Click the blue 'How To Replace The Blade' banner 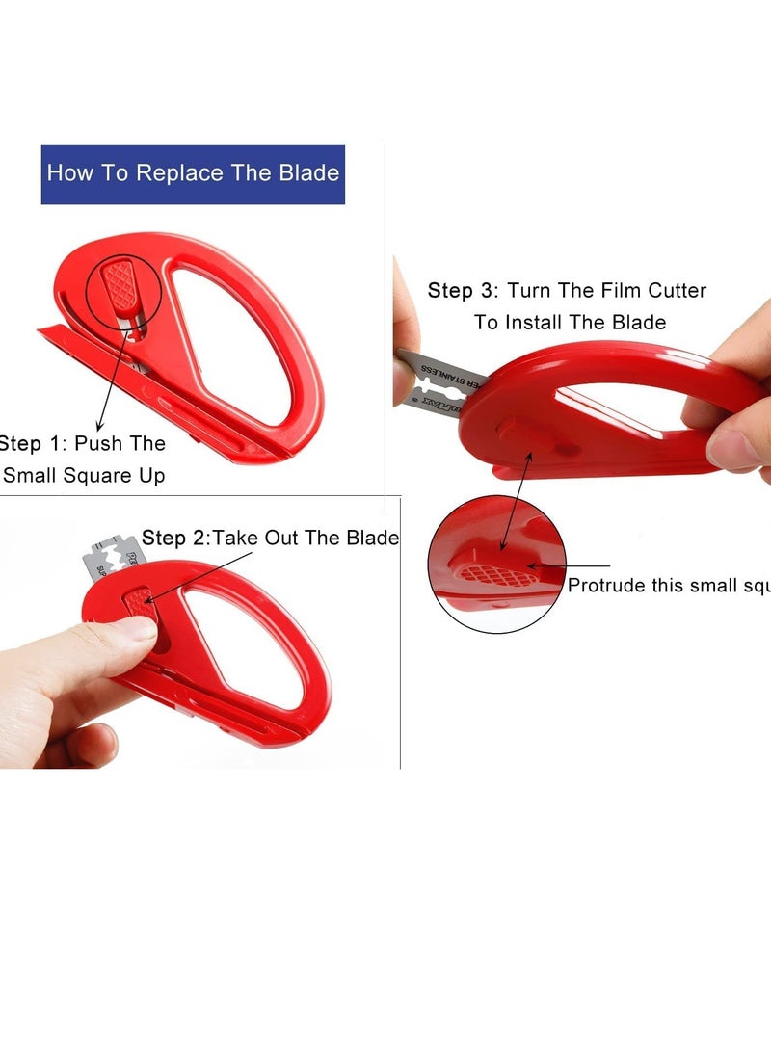pyautogui.click(x=193, y=174)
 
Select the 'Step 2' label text pyautogui.click(x=174, y=538)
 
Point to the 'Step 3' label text pyautogui.click(x=463, y=290)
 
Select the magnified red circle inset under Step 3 pyautogui.click(x=497, y=565)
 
